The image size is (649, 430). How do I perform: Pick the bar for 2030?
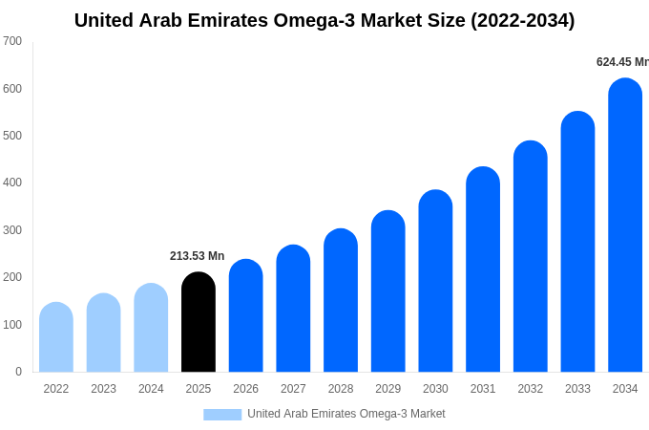tap(435, 281)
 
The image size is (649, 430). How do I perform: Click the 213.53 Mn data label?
tap(197, 256)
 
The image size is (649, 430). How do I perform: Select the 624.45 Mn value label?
tap(622, 62)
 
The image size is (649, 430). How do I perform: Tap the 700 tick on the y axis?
tap(12, 41)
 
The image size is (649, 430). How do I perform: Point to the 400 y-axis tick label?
tap(12, 183)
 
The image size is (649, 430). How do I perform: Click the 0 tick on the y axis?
tap(18, 372)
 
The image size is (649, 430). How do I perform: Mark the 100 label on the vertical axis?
tap(12, 325)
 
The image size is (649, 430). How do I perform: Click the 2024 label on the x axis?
tap(151, 389)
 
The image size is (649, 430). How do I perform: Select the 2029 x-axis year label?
tap(387, 389)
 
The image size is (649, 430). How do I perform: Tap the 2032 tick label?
tap(530, 389)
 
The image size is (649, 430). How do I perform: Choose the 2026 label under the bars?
tap(245, 389)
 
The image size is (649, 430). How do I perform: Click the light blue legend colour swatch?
tap(222, 415)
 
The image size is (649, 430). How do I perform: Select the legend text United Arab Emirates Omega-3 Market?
tap(345, 414)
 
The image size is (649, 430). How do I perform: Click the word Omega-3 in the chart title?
tap(319, 20)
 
